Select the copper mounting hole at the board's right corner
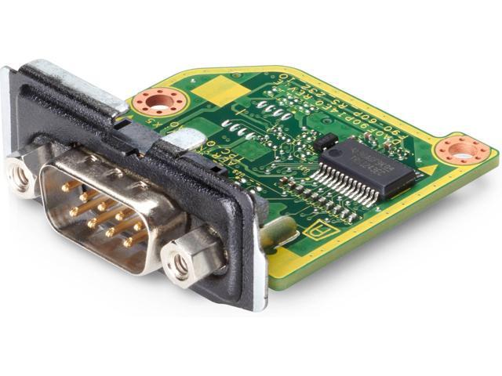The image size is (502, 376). [x=460, y=150]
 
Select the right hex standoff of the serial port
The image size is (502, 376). [x=182, y=265]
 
